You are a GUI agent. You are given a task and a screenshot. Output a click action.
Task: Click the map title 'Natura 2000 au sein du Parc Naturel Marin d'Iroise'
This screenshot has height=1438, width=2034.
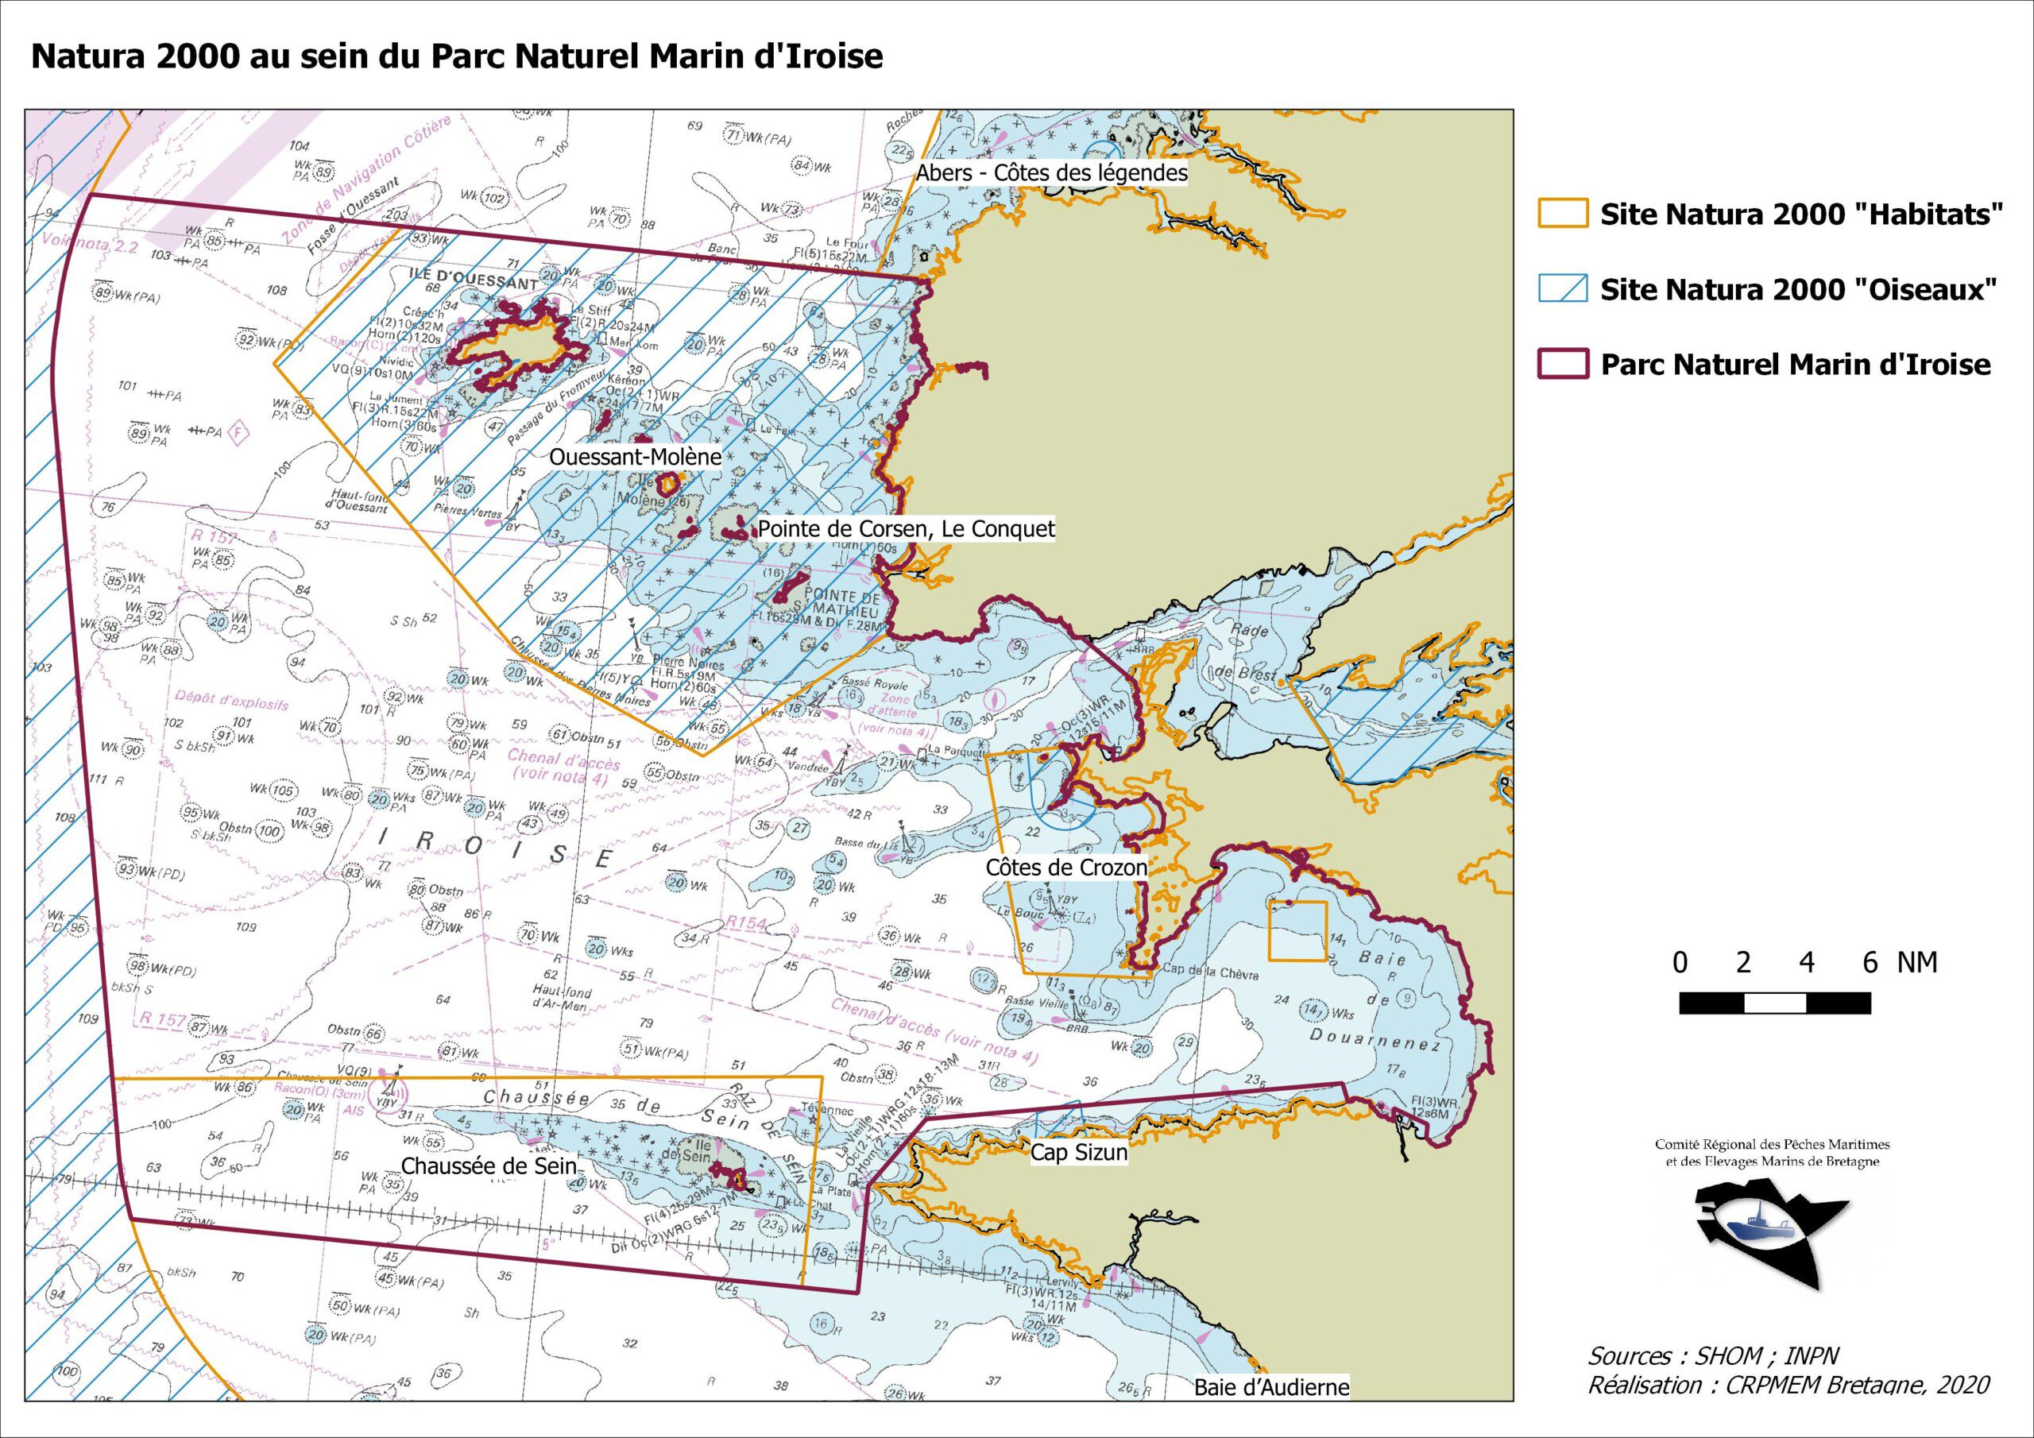457,56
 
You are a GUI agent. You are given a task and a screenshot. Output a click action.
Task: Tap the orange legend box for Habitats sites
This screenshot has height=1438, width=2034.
1562,215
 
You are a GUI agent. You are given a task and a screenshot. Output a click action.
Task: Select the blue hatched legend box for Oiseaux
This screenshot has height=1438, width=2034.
1562,289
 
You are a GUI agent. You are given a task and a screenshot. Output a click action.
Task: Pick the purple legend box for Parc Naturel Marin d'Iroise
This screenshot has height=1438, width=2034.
1562,364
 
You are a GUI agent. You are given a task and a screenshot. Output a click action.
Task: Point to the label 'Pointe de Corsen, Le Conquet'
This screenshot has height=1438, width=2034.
907,530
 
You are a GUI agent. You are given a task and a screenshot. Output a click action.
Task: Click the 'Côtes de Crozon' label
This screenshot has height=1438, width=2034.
1065,868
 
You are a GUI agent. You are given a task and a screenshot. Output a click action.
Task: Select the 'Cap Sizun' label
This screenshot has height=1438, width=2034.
1078,1153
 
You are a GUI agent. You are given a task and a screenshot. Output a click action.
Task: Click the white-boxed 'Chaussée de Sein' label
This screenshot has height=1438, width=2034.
489,1166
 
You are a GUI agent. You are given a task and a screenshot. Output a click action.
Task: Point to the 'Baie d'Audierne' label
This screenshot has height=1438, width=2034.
1271,1387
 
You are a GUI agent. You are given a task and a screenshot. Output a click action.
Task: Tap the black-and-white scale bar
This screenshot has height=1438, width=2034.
1774,1003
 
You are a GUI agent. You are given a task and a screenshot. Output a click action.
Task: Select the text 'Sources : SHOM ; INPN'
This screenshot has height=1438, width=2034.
1713,1355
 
